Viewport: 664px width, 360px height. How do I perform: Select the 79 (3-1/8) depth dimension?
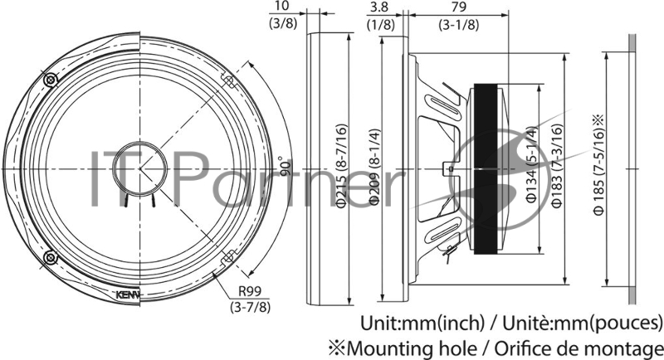pyautogui.click(x=457, y=15)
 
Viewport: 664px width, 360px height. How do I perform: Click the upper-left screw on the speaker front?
pyautogui.click(x=51, y=80)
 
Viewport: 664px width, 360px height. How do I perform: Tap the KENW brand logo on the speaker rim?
pyautogui.click(x=127, y=293)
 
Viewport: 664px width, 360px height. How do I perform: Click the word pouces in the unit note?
pyautogui.click(x=629, y=322)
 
